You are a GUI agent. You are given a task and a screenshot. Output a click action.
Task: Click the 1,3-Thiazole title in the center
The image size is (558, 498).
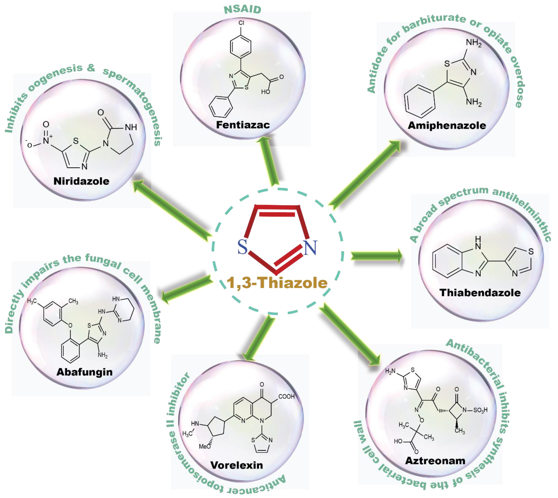click(277, 283)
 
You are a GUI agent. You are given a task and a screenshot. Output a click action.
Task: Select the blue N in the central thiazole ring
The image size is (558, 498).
click(310, 248)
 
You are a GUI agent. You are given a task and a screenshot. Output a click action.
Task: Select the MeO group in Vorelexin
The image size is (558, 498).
click(205, 447)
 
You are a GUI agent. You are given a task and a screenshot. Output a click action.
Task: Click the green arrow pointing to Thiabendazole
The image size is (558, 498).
click(376, 256)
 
